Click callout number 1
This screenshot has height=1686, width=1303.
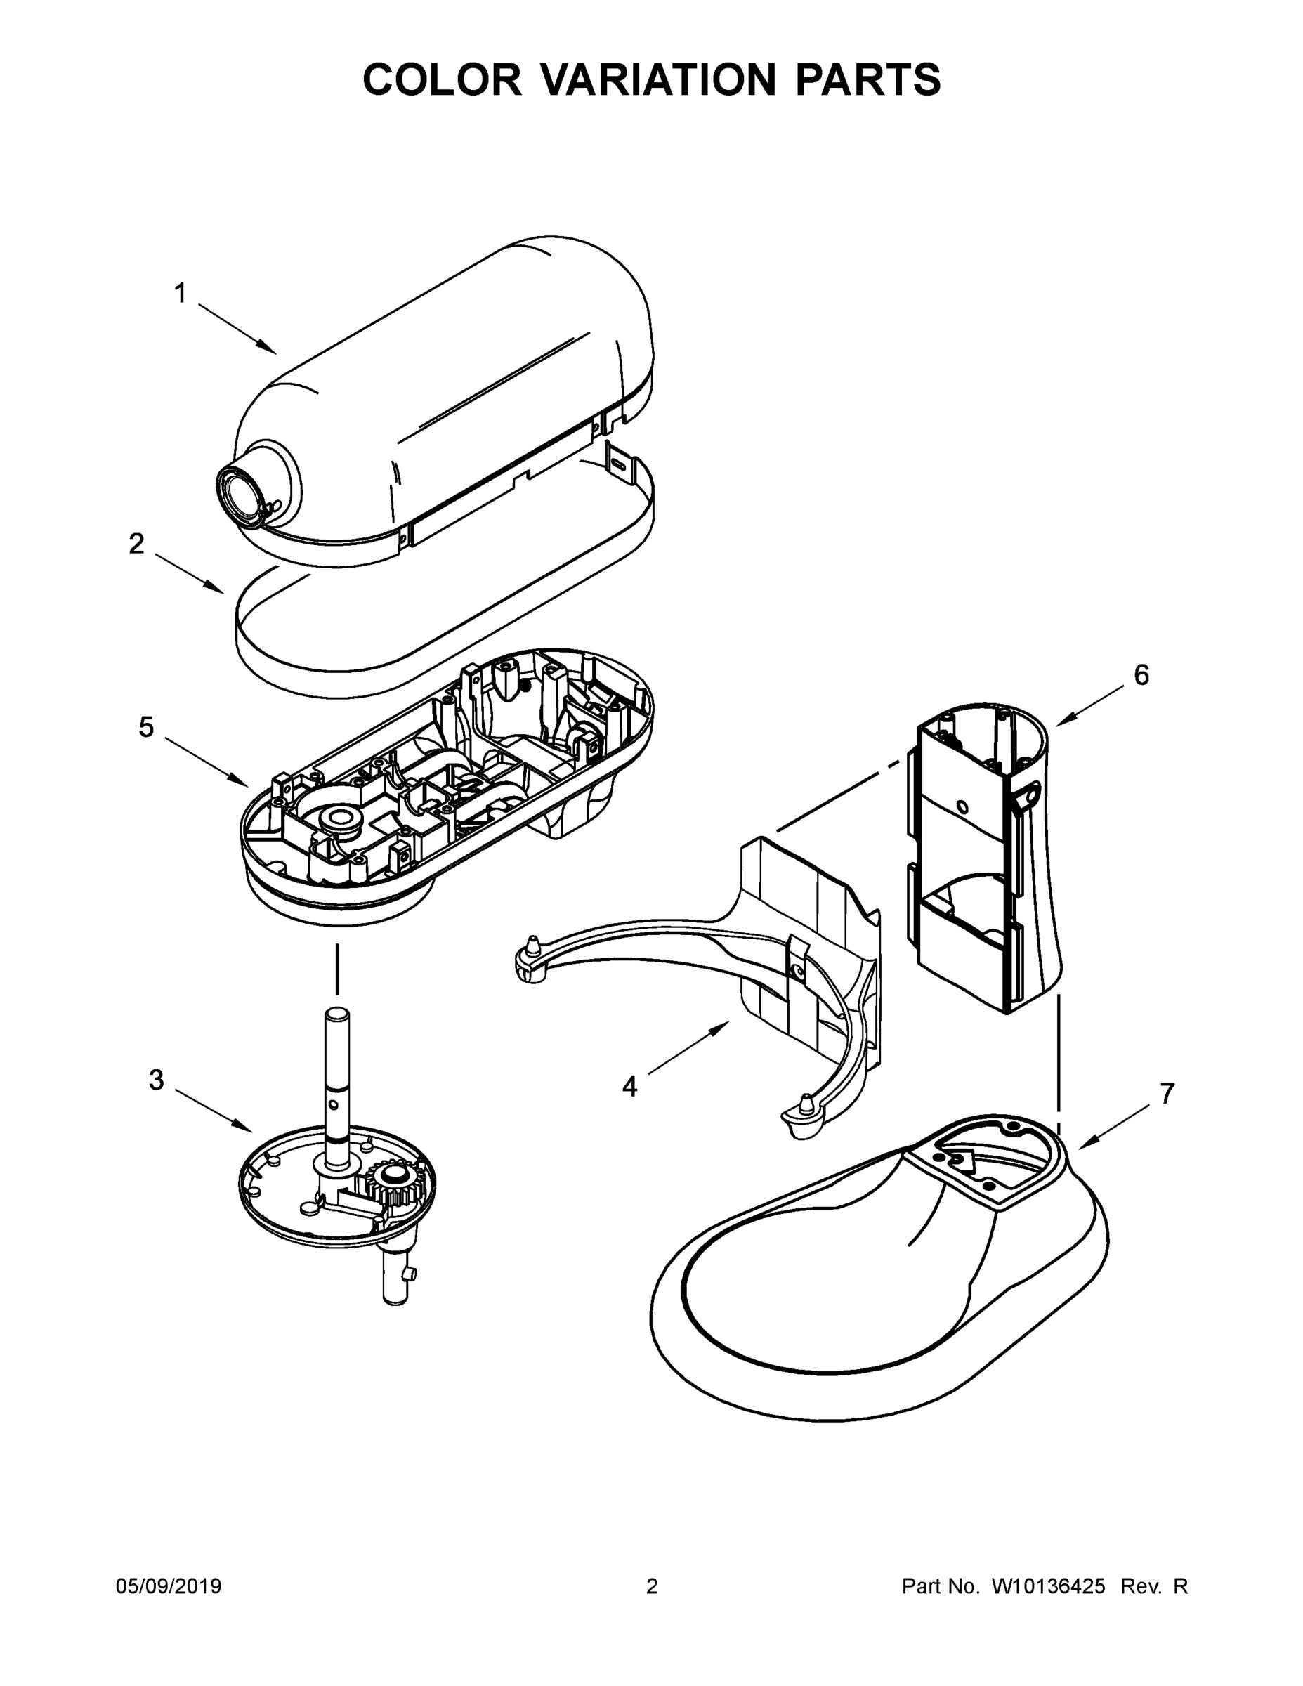point(180,294)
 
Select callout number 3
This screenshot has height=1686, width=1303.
point(156,1080)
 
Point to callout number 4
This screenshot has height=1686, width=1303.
point(630,1087)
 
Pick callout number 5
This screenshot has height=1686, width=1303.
point(146,726)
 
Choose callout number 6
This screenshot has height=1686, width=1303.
point(1141,676)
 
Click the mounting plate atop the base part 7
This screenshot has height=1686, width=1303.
point(981,1158)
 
